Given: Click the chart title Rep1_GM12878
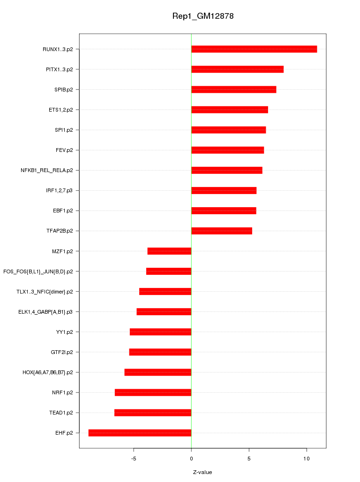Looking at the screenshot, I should (x=203, y=16).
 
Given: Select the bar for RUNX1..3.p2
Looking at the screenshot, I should (x=254, y=49).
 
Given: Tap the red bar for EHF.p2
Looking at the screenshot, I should (x=140, y=433).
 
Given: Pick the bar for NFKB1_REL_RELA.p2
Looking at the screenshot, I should (x=227, y=170).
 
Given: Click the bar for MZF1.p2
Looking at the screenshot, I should (x=169, y=251).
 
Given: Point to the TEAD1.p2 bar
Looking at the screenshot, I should (x=153, y=413).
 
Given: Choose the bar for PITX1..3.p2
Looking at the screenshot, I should (x=237, y=69).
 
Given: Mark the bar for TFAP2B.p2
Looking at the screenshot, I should (x=222, y=231).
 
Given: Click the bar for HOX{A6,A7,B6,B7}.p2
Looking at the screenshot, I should (x=158, y=372).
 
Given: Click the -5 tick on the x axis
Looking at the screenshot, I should (x=134, y=459).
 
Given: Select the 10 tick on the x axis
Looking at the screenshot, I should (x=307, y=459).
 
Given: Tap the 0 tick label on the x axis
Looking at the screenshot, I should (x=191, y=459).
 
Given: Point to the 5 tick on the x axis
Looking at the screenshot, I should (x=249, y=459).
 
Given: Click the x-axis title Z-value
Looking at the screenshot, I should (x=202, y=472).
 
